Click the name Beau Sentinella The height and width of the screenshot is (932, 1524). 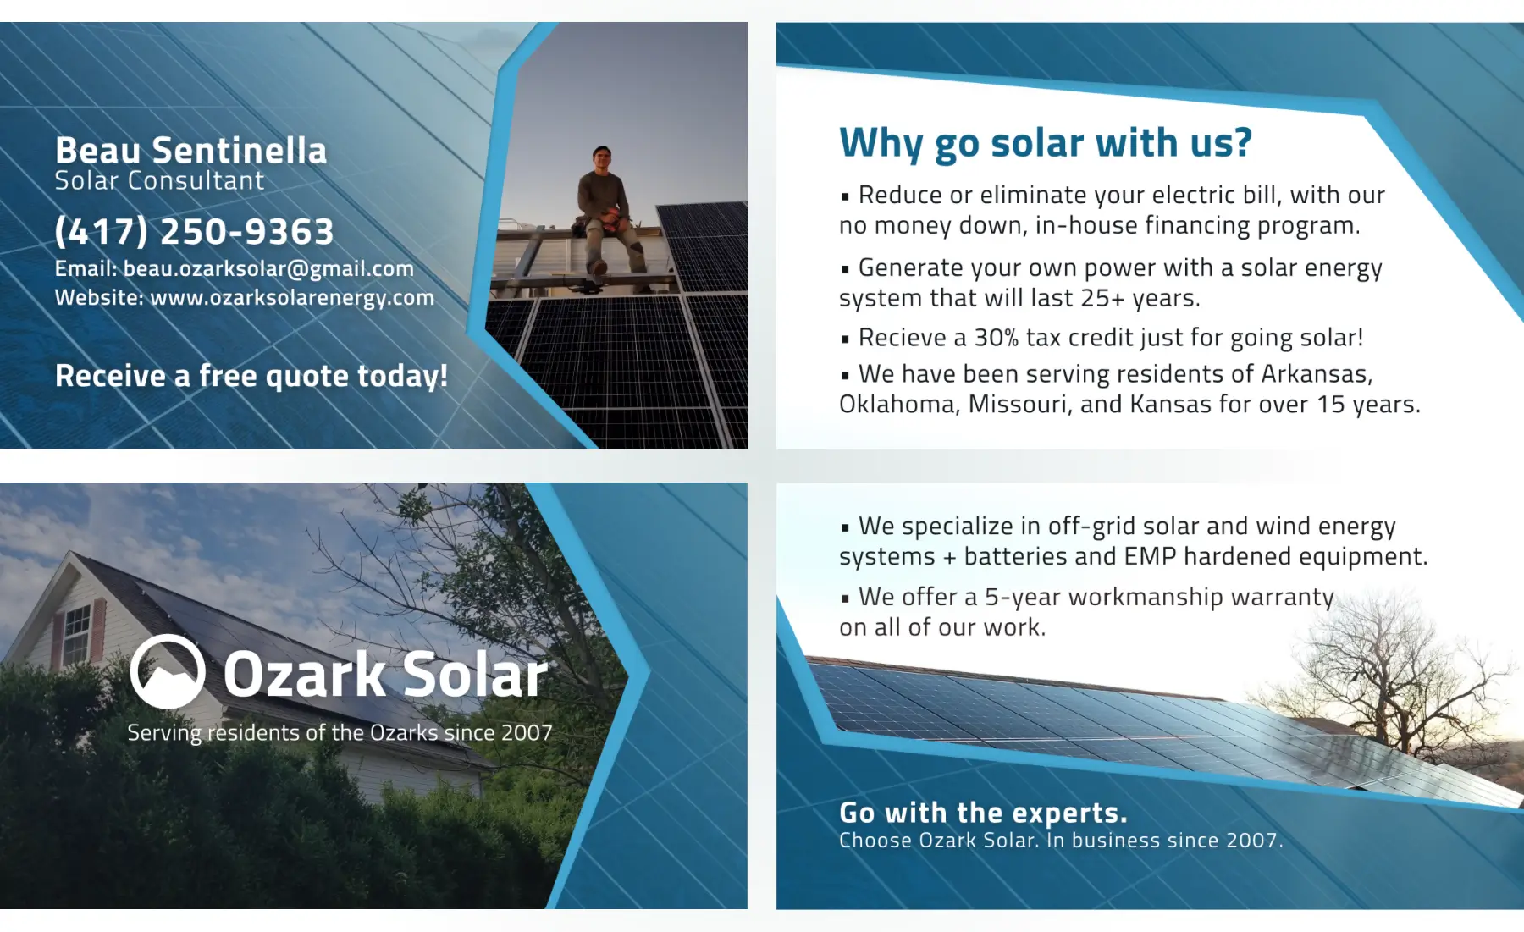pyautogui.click(x=190, y=151)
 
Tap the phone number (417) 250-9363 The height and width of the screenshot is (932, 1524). pyautogui.click(x=195, y=231)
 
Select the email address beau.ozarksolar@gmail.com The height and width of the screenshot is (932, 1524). pyautogui.click(x=268, y=269)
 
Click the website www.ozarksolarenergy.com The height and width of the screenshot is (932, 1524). pyautogui.click(x=292, y=298)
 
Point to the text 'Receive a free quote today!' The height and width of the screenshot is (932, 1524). pyautogui.click(x=251, y=376)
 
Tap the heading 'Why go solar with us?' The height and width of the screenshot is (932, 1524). pyautogui.click(x=1046, y=143)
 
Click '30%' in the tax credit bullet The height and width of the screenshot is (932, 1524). pyautogui.click(x=996, y=338)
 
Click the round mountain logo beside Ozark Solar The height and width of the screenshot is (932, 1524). pyautogui.click(x=168, y=671)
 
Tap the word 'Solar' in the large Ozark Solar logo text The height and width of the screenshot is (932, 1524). pyautogui.click(x=474, y=675)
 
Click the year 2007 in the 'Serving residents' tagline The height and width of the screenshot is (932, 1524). pyautogui.click(x=527, y=733)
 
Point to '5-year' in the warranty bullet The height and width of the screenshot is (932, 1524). pyautogui.click(x=1023, y=597)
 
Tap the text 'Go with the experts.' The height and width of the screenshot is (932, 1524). pyautogui.click(x=983, y=813)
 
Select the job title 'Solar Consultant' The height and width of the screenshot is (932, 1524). pyautogui.click(x=160, y=180)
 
